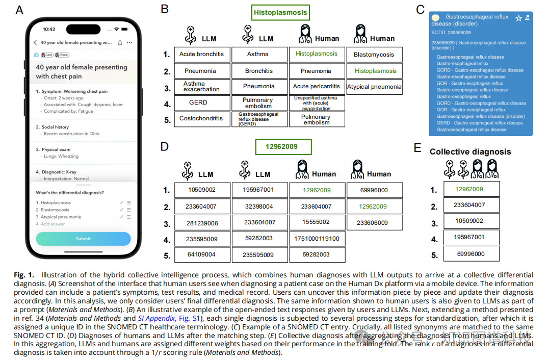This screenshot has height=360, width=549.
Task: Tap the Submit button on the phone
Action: point(83,239)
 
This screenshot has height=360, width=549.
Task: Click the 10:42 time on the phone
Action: point(49,29)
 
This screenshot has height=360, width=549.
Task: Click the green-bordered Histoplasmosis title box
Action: point(280,12)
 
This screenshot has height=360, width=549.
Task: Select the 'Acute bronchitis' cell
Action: point(201,54)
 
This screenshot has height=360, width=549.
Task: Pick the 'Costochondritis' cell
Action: point(201,118)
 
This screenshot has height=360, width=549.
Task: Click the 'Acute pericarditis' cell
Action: point(316,87)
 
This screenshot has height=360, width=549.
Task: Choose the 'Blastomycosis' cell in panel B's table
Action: point(374,55)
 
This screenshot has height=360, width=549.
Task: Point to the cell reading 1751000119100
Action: point(316,238)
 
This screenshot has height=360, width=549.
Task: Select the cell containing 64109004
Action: point(201,254)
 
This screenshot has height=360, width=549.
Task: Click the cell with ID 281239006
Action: point(201,223)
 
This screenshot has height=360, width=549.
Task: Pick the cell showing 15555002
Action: point(316,222)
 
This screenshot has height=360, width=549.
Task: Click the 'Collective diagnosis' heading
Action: point(470,151)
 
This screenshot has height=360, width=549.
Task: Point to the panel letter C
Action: point(420,9)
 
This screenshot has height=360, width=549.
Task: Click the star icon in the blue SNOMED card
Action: point(518,18)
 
